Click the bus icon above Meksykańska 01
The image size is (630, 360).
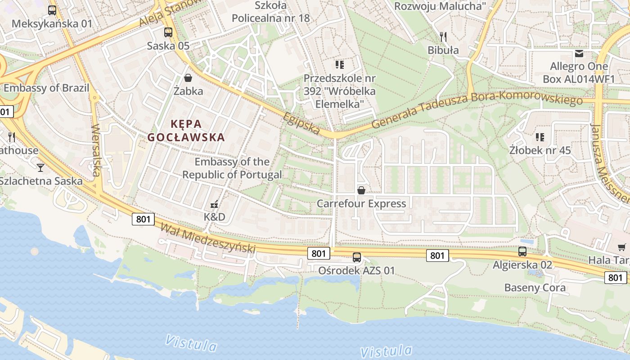coord(52,10)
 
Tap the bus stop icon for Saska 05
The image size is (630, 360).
coord(168,32)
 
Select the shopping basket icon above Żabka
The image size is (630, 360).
coord(188,78)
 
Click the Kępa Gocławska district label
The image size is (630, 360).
coord(186,130)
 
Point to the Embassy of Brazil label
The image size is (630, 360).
coord(47,88)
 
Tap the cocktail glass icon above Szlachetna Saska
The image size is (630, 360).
coord(40,168)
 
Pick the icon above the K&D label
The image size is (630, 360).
coord(215,204)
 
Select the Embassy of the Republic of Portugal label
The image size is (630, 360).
coord(232,168)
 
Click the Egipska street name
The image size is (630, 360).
coord(301,123)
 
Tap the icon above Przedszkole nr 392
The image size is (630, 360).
coord(339,65)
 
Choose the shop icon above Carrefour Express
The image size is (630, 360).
coord(361,190)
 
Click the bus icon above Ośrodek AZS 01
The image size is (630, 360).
coord(356,257)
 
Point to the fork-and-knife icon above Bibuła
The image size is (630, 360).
coord(443,37)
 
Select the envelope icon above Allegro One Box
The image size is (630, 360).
coord(579,54)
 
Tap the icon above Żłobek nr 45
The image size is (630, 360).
coord(540,137)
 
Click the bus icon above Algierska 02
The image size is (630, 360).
coord(522,252)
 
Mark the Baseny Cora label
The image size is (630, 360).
coord(535,288)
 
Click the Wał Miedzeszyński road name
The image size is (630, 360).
coord(208,238)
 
